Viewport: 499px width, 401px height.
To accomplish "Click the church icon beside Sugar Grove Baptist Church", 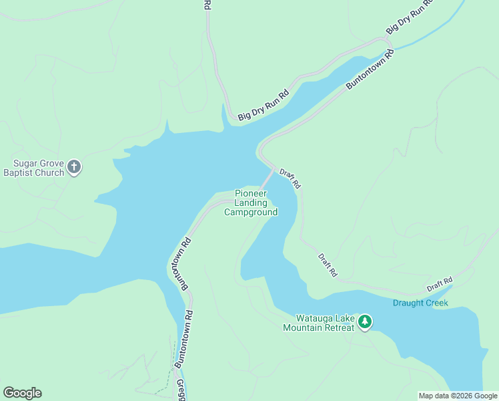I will [x=75, y=166].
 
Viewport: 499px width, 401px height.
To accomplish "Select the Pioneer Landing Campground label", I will [x=251, y=203].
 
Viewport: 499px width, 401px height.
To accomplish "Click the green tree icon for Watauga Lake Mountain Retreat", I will [x=365, y=322].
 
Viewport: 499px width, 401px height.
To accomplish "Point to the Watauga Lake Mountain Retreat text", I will [x=318, y=323].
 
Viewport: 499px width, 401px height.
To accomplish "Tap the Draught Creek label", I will [x=420, y=303].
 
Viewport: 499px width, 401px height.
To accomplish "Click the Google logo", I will [x=22, y=393].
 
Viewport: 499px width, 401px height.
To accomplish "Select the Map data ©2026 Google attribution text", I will [x=458, y=396].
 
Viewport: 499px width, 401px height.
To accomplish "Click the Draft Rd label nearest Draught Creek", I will [x=440, y=284].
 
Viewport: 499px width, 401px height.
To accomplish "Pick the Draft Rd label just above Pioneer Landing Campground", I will [x=290, y=177].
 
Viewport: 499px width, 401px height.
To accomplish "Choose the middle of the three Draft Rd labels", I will [x=328, y=265].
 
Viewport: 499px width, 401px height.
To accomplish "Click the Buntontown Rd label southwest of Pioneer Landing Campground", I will [x=177, y=261].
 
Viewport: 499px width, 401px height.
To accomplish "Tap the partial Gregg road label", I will [x=181, y=390].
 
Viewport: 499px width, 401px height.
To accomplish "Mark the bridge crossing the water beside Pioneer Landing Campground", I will [x=268, y=179].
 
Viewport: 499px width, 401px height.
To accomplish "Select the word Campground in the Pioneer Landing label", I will [x=251, y=213].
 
